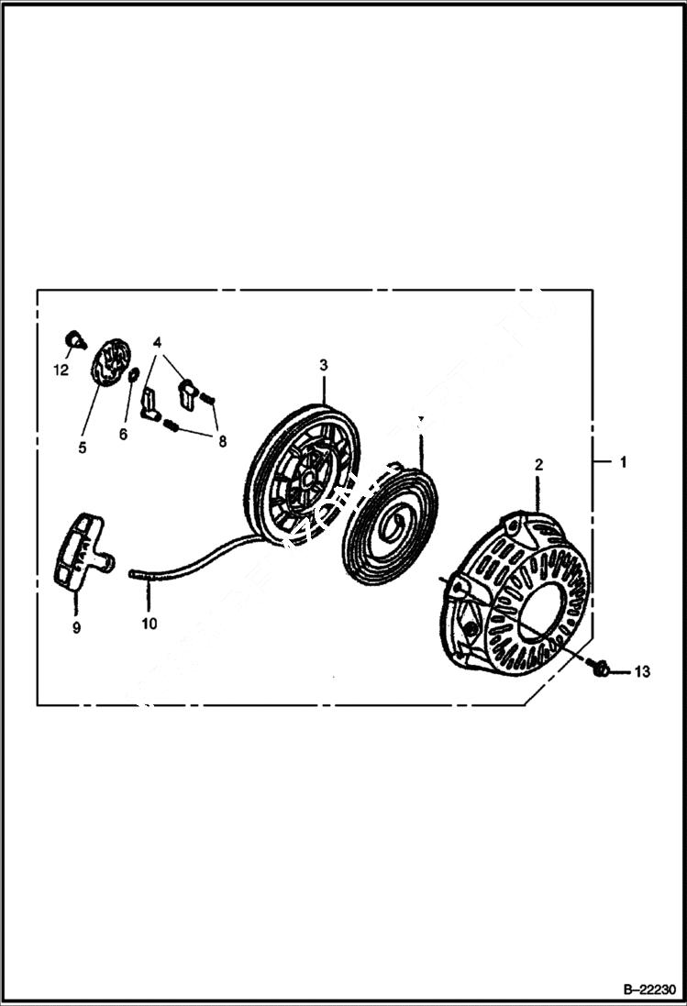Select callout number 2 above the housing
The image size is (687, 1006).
(x=539, y=465)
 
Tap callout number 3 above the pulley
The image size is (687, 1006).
(x=324, y=365)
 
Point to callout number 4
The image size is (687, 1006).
(x=158, y=342)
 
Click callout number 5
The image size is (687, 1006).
(x=82, y=448)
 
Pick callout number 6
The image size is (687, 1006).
(x=123, y=434)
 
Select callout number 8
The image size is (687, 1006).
(x=220, y=439)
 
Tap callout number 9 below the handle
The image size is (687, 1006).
(x=76, y=627)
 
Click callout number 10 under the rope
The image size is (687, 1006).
(x=150, y=624)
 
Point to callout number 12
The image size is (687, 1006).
(x=61, y=370)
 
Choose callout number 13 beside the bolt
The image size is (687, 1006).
(x=641, y=672)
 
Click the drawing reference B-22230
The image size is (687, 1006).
(x=648, y=990)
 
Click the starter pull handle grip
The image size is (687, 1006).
(x=80, y=553)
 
